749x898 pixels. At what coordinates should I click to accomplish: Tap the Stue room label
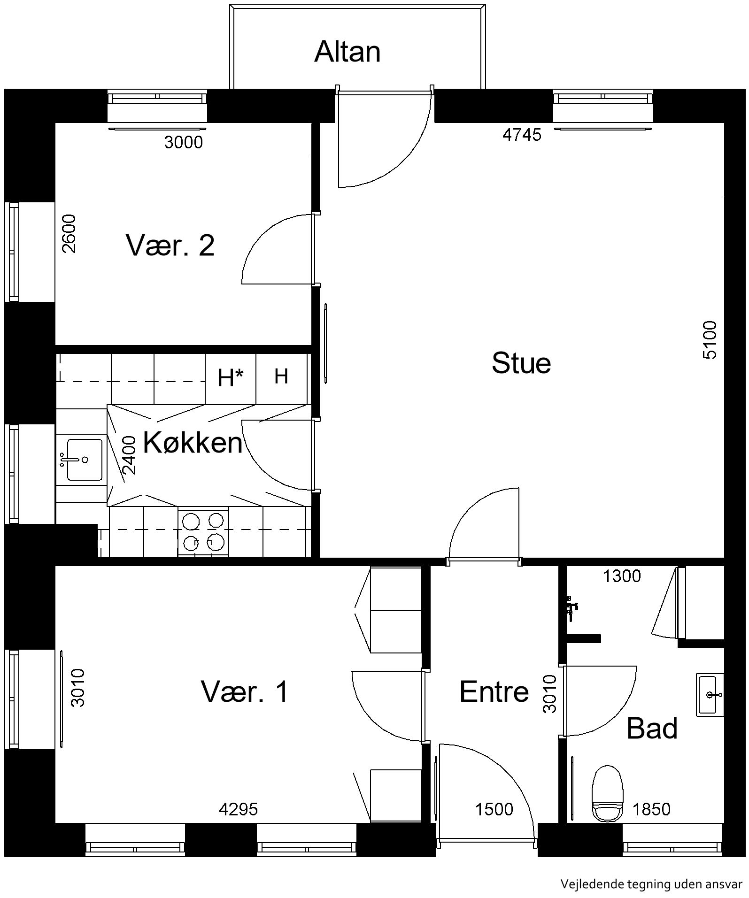tap(521, 363)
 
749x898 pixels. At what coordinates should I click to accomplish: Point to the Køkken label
tap(193, 442)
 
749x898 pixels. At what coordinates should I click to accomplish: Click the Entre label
tap(494, 691)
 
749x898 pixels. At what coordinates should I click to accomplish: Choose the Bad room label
tap(652, 728)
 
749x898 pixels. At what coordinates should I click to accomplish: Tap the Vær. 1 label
tap(245, 691)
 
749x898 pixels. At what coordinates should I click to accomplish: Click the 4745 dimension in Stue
tap(522, 135)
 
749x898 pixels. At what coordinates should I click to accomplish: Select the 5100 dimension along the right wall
tap(710, 340)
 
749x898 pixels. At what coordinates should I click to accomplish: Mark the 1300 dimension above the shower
tap(622, 576)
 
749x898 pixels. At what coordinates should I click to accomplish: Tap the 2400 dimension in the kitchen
tap(128, 455)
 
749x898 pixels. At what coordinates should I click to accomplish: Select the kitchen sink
tap(85, 460)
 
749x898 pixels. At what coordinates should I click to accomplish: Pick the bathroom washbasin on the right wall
tap(710, 695)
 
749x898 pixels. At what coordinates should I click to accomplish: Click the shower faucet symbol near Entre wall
tap(571, 608)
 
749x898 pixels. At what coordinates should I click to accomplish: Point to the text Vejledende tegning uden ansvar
tap(651, 884)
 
